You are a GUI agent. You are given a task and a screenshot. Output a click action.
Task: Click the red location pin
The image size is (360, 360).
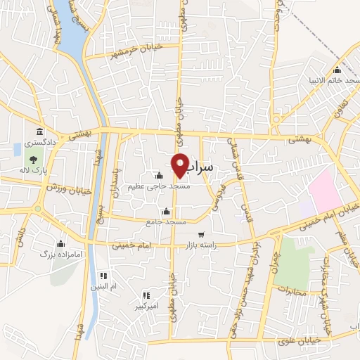pyautogui.click(x=181, y=165)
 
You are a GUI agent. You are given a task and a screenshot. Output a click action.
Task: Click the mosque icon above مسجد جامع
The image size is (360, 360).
pyautogui.click(x=167, y=211)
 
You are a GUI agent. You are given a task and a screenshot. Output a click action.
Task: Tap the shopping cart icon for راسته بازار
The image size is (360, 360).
pyautogui.click(x=202, y=235)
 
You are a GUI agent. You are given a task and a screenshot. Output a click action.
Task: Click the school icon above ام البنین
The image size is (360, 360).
pyautogui.click(x=104, y=275)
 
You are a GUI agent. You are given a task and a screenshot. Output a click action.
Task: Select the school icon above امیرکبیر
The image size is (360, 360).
pyautogui.click(x=147, y=295)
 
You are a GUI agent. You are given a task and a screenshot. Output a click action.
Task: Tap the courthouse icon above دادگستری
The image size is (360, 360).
pyautogui.click(x=39, y=132)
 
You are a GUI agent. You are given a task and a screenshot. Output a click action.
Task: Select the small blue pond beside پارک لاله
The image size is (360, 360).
pyautogui.click(x=17, y=149)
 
